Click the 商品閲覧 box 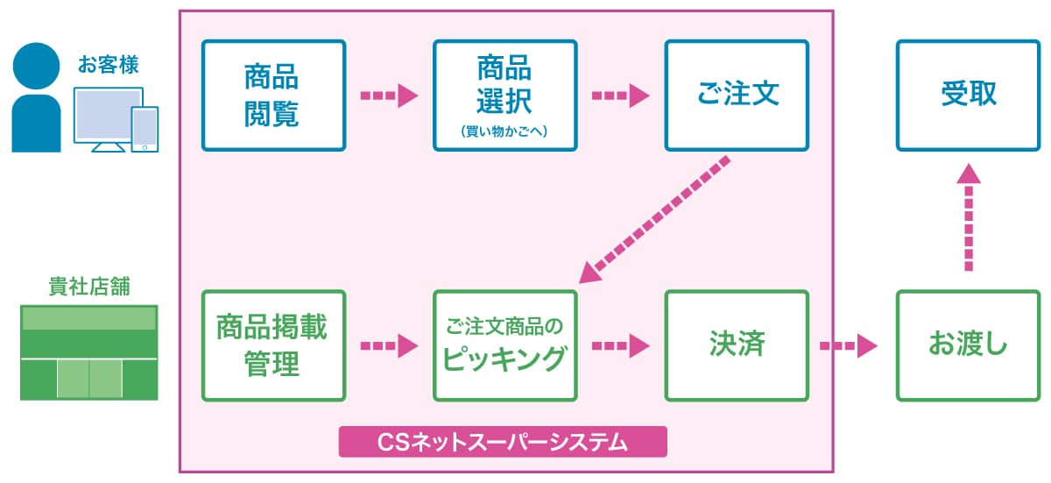pos(274,96)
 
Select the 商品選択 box pos(505,96)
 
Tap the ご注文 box pos(737,96)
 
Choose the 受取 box pos(969,96)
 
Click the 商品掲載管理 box pos(274,345)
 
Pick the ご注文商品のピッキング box pos(505,345)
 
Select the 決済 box pos(737,345)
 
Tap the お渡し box pos(969,345)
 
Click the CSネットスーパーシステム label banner pos(503,441)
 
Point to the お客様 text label pos(109,64)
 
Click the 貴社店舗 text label pos(89,286)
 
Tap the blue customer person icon pos(36,97)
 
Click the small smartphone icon pos(145,130)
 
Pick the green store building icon pos(89,352)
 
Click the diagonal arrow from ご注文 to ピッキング pos(654,220)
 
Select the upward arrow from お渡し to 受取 pos(969,217)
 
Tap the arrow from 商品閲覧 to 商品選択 pos(390,96)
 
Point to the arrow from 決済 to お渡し pos(849,346)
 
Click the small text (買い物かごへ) pos(504,131)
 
